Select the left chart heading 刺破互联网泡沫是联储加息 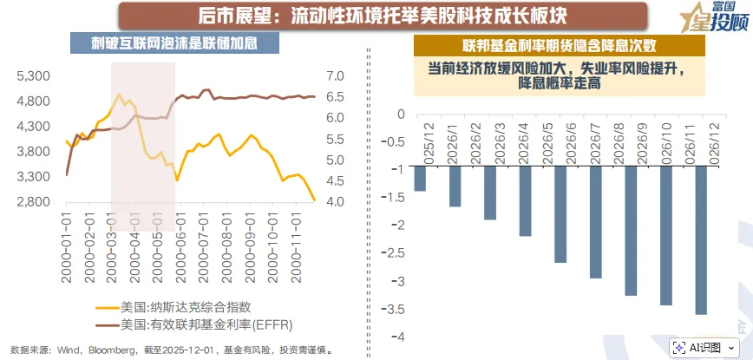[165, 43]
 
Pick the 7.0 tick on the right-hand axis [335, 76]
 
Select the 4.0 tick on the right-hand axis [335, 202]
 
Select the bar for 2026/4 [525, 202]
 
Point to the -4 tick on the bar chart [397, 337]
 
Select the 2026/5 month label [549, 141]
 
